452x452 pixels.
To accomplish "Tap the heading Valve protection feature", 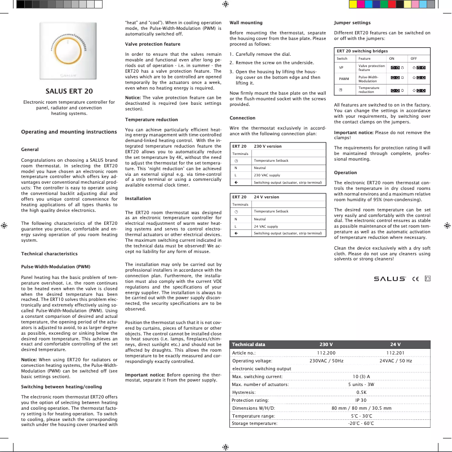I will tap(152, 43).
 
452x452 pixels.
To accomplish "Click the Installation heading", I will tap(138, 198).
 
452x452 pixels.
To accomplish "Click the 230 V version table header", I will tap(268, 147).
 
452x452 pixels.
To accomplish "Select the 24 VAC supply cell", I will tap(265, 226).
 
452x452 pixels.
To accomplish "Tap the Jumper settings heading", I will tap(352, 23).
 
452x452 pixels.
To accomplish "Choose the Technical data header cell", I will tap(249, 344).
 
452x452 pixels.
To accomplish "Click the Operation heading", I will tap(345, 172).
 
